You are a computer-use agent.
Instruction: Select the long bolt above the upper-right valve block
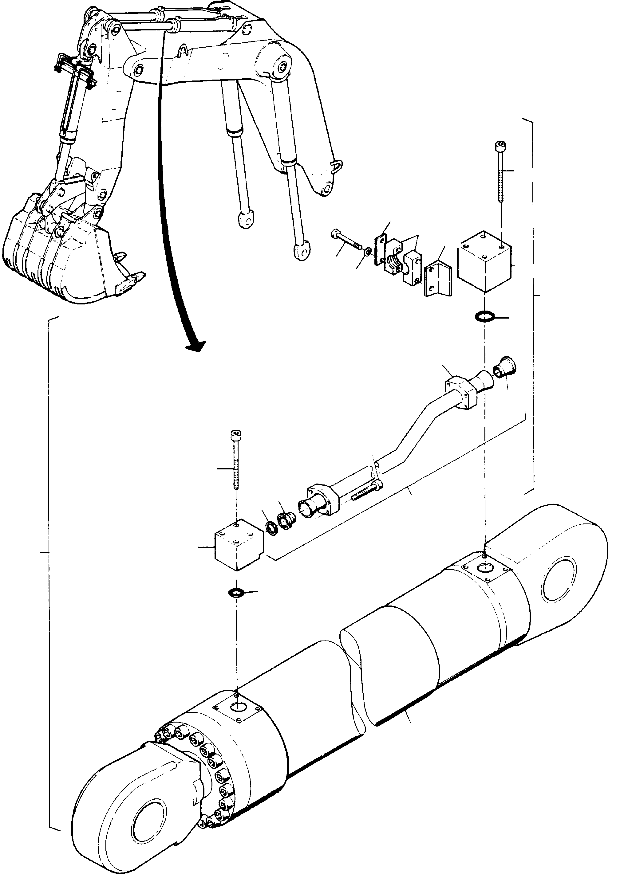pyautogui.click(x=500, y=172)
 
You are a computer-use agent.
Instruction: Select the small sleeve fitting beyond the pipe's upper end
pyautogui.click(x=504, y=368)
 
